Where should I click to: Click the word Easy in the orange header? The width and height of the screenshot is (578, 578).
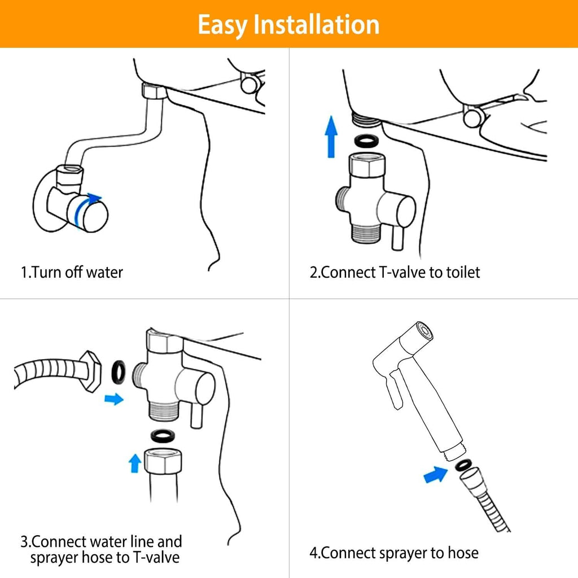(224, 25)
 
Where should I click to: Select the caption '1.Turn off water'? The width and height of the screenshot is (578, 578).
(72, 273)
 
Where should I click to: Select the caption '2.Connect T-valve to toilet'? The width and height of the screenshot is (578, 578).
(395, 273)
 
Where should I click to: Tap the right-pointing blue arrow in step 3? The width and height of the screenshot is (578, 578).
(114, 399)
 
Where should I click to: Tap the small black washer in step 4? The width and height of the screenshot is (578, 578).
(462, 465)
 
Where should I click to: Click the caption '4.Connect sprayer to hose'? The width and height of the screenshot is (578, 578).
(393, 553)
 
